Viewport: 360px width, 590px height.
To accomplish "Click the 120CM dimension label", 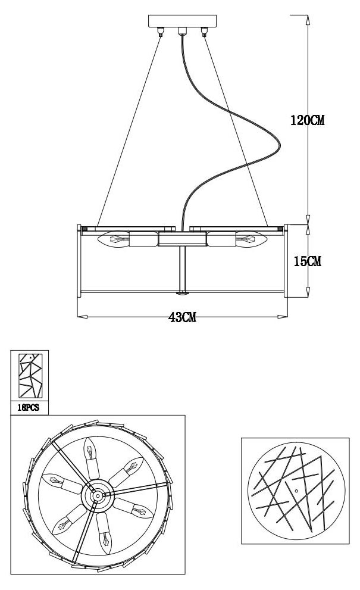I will tap(306, 120).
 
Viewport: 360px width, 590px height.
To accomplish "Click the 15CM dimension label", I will tap(306, 261).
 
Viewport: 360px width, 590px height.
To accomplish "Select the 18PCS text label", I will tap(29, 408).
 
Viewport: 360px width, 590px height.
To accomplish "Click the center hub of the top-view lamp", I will tap(96, 494).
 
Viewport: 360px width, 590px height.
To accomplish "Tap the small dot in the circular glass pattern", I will tap(296, 489).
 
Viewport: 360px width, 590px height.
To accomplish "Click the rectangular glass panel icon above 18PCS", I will tap(30, 377).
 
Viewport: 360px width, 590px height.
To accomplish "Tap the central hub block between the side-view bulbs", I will tap(183, 239).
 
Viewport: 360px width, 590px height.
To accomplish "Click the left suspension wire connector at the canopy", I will tap(160, 33).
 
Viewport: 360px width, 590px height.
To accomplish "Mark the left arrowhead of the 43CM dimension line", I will tap(81, 316).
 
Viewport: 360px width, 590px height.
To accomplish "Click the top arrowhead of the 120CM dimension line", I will tap(307, 18).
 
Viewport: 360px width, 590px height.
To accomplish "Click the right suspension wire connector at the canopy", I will tap(205, 33).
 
